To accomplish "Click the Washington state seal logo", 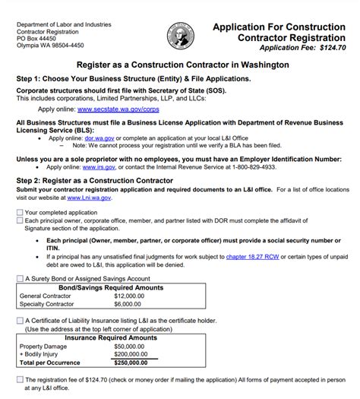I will (180, 35).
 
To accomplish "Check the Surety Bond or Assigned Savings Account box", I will (20, 279).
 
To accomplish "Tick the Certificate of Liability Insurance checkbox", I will (20, 321).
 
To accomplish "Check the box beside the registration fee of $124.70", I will (20, 379).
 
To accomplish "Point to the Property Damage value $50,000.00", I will (131, 346).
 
